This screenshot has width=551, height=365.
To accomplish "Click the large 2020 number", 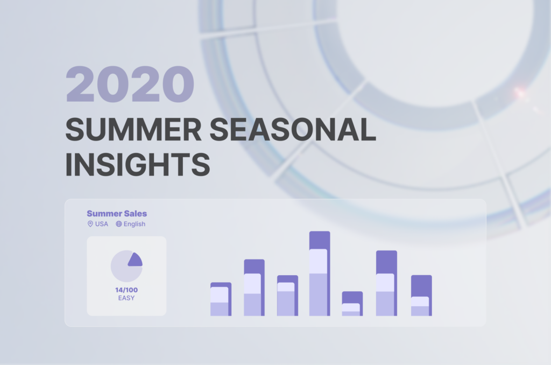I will (130, 85).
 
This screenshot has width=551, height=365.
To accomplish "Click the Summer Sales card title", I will (117, 214).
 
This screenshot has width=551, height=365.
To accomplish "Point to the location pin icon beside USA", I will (90, 224).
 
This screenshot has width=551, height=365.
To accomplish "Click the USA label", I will (102, 224).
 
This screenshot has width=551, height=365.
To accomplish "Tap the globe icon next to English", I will (119, 224).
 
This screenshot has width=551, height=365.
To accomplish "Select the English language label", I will (135, 224).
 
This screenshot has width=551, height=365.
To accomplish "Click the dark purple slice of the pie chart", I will (135, 260).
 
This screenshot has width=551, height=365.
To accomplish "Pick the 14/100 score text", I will (126, 290).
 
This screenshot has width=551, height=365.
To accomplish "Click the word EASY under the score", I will (126, 298).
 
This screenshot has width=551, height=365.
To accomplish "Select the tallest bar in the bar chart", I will (320, 273).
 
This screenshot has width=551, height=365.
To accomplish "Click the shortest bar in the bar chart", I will (352, 304).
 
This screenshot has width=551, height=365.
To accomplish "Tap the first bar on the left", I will (221, 299).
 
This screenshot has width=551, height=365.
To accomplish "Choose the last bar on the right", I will (421, 296).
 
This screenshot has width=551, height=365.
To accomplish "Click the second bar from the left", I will (254, 287).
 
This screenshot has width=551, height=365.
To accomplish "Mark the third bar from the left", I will (287, 296).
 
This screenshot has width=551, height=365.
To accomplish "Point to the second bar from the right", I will (386, 283).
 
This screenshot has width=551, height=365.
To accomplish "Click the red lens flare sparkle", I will (520, 93).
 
